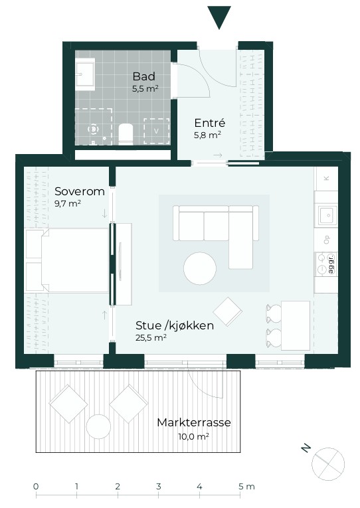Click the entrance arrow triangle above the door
click(x=219, y=16)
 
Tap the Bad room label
click(x=144, y=76)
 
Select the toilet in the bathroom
click(x=126, y=134)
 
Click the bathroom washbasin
click(x=85, y=74)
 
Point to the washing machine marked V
click(x=157, y=131)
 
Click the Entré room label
click(x=210, y=123)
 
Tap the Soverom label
click(x=80, y=191)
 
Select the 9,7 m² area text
click(x=67, y=203)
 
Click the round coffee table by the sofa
click(x=200, y=268)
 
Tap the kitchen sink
click(x=327, y=214)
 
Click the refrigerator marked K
click(x=326, y=179)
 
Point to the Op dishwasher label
click(x=327, y=240)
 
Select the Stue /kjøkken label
click(x=174, y=325)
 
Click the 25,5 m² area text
click(x=151, y=337)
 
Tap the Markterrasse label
click(x=194, y=422)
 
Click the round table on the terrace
click(x=98, y=427)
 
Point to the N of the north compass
click(x=306, y=448)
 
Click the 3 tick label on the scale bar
click(x=158, y=486)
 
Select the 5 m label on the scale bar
click(x=246, y=486)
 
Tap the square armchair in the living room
click(x=227, y=311)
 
